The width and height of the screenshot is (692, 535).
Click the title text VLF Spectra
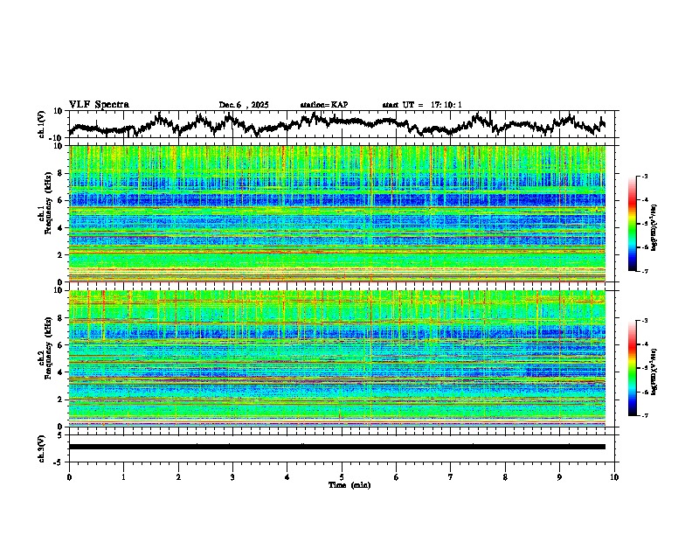click(99, 104)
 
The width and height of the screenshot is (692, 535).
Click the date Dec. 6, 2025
click(244, 105)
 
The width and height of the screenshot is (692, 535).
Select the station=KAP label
click(323, 105)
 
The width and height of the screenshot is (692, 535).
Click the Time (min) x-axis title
click(349, 484)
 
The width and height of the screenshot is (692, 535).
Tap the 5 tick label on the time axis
click(342, 476)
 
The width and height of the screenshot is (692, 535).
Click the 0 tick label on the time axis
click(69, 476)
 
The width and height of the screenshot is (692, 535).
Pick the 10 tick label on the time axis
click(614, 476)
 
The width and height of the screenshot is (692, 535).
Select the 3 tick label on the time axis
click(232, 476)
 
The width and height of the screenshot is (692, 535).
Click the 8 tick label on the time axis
click(505, 476)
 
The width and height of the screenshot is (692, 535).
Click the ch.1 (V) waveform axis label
click(41, 123)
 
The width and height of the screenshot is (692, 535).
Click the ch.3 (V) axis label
click(41, 447)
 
